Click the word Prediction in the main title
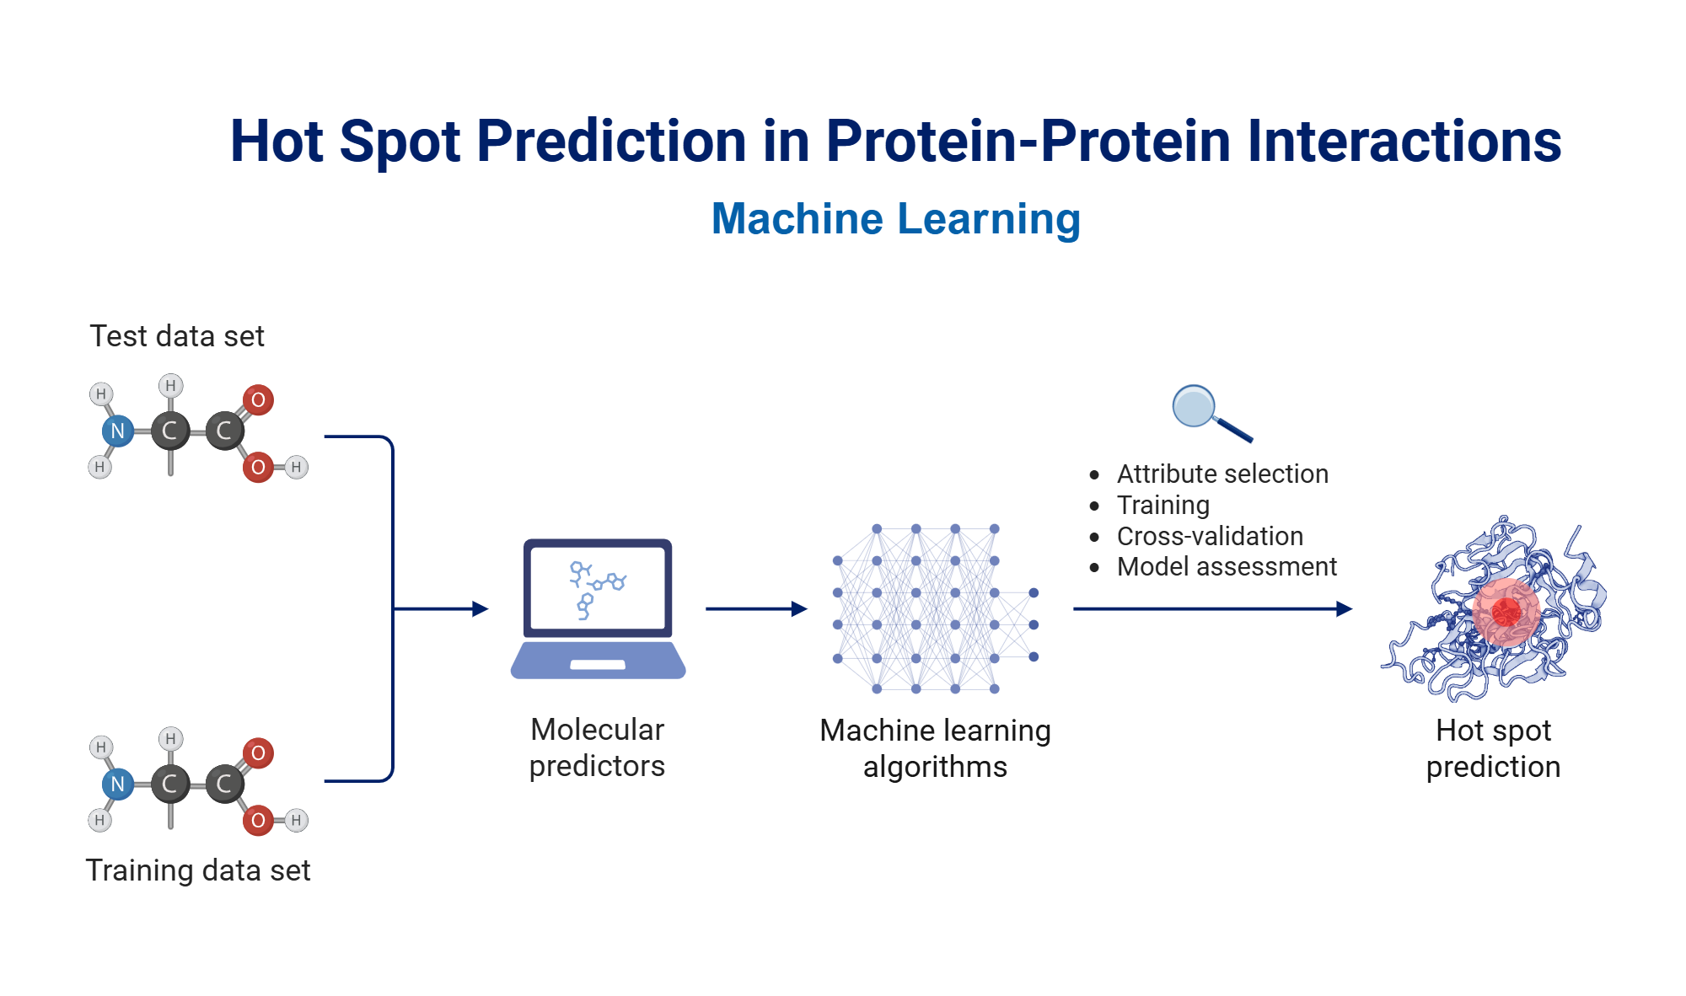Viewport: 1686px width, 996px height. [611, 141]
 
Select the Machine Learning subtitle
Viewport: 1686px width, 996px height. [895, 219]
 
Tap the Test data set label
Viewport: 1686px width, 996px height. [177, 336]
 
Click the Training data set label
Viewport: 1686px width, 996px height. [198, 870]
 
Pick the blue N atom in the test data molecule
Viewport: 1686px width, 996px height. [118, 431]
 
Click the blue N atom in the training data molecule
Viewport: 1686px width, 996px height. [118, 784]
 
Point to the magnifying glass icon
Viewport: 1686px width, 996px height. [1205, 411]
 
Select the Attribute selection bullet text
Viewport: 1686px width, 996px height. [1222, 474]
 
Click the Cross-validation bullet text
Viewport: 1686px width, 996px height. [1210, 537]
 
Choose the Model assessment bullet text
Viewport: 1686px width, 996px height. [1227, 567]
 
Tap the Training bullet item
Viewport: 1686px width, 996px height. [1162, 506]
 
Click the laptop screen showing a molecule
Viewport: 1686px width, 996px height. [598, 588]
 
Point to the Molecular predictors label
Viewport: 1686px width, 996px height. [597, 747]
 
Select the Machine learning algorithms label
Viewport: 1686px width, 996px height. [935, 748]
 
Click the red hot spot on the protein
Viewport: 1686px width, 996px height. [1506, 612]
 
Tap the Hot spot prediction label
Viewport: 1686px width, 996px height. [1493, 748]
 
